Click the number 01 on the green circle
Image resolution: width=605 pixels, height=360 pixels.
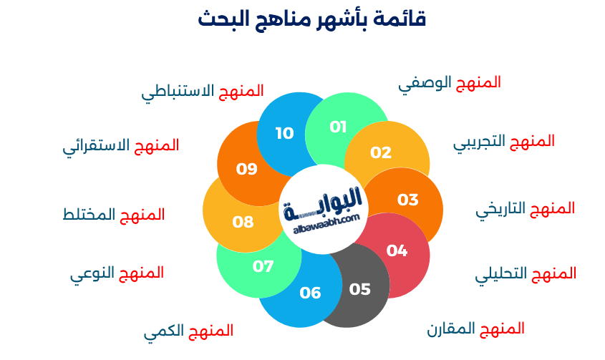tap(338, 127)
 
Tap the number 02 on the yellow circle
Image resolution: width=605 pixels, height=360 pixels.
tap(381, 152)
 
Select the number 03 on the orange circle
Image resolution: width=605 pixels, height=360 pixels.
tap(407, 200)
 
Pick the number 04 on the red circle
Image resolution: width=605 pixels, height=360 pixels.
tap(397, 250)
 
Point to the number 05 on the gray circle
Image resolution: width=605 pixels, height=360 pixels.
tap(360, 289)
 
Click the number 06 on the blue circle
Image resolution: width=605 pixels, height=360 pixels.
tap(310, 293)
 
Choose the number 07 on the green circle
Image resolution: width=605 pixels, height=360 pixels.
tap(263, 266)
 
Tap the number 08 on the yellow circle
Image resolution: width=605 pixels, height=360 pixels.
tap(243, 222)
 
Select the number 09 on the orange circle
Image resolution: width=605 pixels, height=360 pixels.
tap(247, 169)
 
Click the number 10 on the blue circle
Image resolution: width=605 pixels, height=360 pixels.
tap(284, 133)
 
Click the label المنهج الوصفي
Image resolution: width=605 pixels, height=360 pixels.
tap(450, 83)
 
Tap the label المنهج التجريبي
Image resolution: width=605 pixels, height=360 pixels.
tap(504, 142)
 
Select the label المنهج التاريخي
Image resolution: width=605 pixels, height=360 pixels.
tap(526, 209)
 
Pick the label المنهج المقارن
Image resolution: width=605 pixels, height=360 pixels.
tap(476, 329)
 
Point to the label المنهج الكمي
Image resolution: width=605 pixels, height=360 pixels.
tap(188, 331)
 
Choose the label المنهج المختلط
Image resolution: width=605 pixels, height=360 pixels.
tap(114, 215)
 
